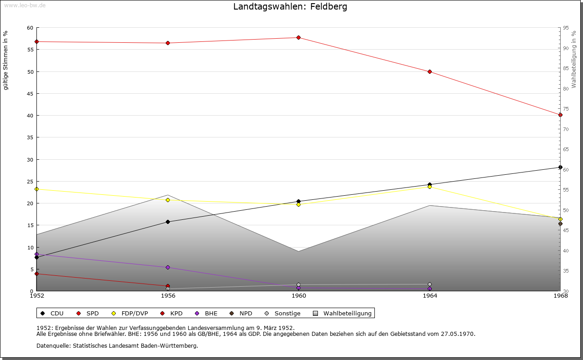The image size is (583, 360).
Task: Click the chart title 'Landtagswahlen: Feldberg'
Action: (290, 6)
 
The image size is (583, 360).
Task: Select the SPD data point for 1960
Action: (298, 37)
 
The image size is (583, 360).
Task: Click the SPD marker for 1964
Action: (430, 71)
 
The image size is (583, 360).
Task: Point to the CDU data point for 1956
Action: (168, 222)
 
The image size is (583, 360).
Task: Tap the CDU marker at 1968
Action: (560, 167)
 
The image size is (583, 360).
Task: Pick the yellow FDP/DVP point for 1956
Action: (168, 200)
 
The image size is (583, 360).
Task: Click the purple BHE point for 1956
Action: (168, 267)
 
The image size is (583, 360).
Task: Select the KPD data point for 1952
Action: (36, 274)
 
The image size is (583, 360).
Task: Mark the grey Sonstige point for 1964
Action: (430, 284)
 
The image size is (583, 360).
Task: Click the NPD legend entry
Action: (241, 313)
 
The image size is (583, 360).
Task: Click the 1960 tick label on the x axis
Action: (299, 296)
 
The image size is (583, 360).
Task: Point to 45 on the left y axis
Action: (30, 94)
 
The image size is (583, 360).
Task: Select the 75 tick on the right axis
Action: (565, 109)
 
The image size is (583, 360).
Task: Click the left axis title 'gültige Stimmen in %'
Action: (5, 60)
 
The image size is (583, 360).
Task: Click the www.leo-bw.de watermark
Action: (24, 5)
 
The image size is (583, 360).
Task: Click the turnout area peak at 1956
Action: (168, 195)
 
